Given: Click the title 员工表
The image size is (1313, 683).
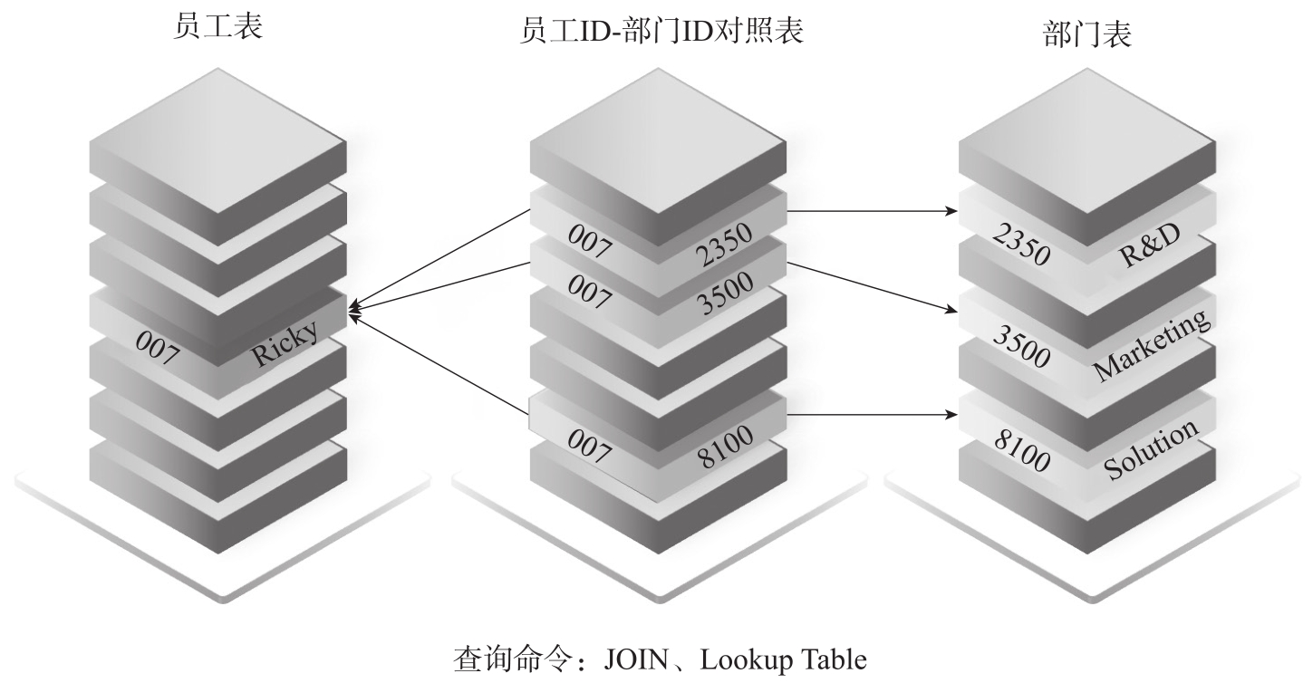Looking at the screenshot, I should tap(217, 28).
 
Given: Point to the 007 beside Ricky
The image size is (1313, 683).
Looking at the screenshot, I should tap(157, 350).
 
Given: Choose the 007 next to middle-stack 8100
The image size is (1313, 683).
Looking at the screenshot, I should tap(590, 441).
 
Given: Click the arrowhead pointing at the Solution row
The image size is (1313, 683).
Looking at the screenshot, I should tap(953, 417).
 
